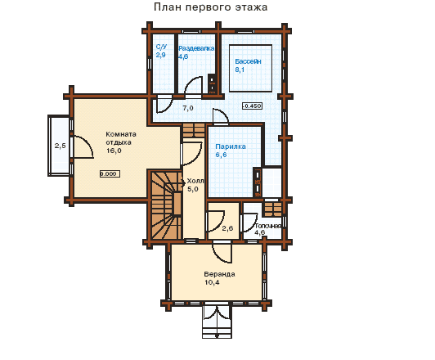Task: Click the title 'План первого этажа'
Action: (x=211, y=7)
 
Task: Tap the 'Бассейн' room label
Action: (x=248, y=61)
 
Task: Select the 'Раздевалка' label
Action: (x=196, y=48)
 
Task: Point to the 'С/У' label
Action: (x=161, y=47)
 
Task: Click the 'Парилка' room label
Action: (x=231, y=146)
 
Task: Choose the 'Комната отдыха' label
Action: (x=121, y=138)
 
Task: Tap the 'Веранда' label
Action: (x=219, y=274)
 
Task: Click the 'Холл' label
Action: (x=195, y=181)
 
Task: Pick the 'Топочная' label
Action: (x=268, y=226)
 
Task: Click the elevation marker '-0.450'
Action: (x=252, y=106)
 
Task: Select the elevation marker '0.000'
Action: (x=110, y=174)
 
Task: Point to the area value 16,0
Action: (x=114, y=151)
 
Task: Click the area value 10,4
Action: (x=212, y=282)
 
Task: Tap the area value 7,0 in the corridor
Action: (x=188, y=108)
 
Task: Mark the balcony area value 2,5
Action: (x=61, y=146)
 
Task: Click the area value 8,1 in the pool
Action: (x=240, y=70)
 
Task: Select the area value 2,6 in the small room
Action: (x=227, y=228)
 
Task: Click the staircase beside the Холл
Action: (x=166, y=205)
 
